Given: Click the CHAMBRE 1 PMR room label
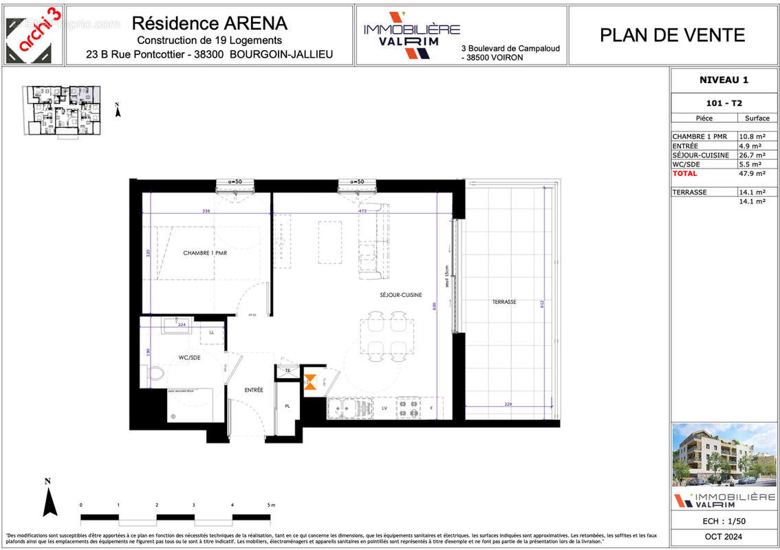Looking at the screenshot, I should pos(205,253).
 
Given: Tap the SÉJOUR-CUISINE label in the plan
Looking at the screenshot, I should pos(400,295).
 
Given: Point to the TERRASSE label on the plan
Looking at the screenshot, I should pos(504,302).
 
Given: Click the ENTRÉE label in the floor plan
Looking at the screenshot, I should pos(254,390).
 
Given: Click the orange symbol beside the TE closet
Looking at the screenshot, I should pos(311,382).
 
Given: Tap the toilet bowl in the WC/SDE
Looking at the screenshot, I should pos(155,374).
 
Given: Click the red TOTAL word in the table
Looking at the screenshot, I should pos(684,173).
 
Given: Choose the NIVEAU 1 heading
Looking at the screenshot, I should pos(724,80).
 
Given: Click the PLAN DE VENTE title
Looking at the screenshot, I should pos(672,35).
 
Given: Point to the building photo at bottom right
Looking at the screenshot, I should pos(724,454).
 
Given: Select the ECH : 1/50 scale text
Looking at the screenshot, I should pos(724,521).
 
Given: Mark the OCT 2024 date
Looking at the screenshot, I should pos(724,537).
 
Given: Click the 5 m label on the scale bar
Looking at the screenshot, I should pos(270,505).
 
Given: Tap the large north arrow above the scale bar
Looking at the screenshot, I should pos(49,498).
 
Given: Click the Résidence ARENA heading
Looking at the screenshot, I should pos(209,23).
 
